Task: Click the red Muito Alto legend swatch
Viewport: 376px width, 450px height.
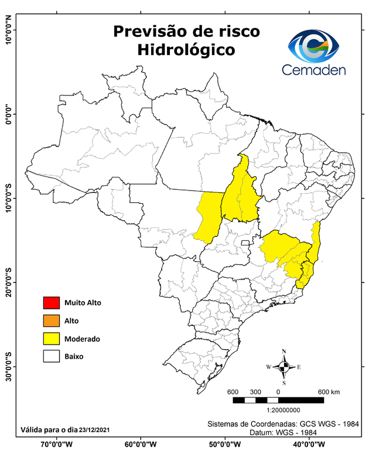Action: coord(52,303)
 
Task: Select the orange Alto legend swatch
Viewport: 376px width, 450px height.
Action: coord(52,321)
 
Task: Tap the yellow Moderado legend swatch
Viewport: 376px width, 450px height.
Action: coord(52,338)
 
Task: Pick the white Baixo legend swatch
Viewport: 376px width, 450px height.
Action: coord(52,356)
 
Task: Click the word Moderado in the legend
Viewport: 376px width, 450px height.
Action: coord(83,339)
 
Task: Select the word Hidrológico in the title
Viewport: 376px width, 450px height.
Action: coord(186,50)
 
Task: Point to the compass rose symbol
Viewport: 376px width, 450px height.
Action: coord(284,367)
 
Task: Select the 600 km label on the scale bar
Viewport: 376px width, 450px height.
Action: coord(329,391)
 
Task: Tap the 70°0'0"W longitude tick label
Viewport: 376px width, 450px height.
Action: coord(56,444)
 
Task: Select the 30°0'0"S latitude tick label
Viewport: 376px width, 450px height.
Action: coord(8,367)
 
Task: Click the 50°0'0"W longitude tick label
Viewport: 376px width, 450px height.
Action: coord(224,444)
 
